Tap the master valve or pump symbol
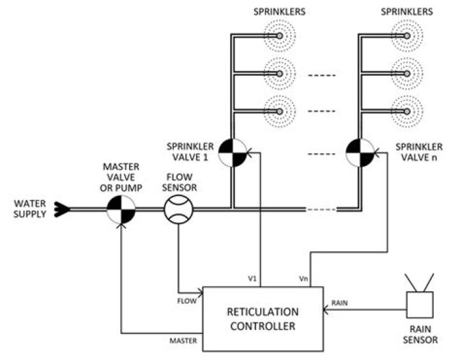(x=121, y=209)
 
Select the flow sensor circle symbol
(x=178, y=209)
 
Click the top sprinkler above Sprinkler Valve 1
(x=279, y=37)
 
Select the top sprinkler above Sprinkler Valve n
(x=407, y=37)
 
